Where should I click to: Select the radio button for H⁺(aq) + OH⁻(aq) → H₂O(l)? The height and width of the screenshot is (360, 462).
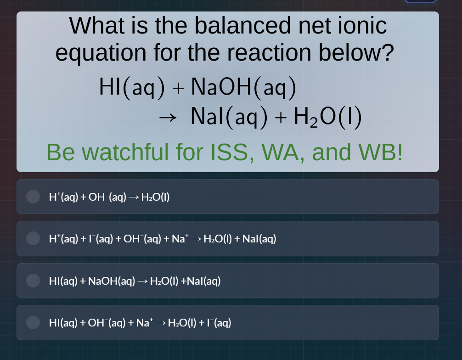[x=33, y=197]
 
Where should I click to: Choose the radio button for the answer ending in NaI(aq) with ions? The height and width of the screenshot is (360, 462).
[x=33, y=238]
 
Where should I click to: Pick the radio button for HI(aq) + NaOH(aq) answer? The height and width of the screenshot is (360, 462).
[x=33, y=281]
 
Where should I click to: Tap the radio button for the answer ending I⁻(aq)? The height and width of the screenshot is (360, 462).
[x=33, y=322]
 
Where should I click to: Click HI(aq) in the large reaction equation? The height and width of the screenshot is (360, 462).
[x=132, y=87]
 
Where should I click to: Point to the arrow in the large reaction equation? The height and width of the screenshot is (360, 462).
[x=167, y=118]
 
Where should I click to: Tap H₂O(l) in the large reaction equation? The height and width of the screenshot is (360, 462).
[x=327, y=117]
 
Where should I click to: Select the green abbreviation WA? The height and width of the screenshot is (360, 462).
[x=282, y=152]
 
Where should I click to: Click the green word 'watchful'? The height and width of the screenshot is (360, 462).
[x=126, y=152]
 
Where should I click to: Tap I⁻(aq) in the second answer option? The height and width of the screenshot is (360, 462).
[x=96, y=238]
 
